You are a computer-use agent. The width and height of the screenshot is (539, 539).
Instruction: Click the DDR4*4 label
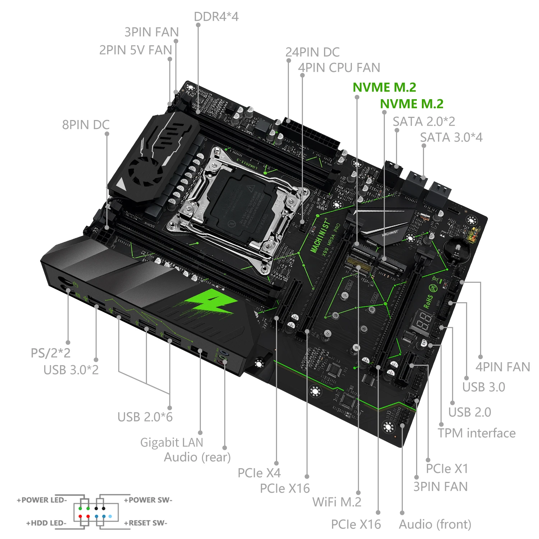click(x=216, y=17)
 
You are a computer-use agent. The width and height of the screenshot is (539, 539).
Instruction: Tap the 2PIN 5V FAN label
click(x=135, y=50)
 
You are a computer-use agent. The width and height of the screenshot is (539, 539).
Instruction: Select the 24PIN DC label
click(x=312, y=52)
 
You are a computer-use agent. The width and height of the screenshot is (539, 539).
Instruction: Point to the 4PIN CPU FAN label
click(x=339, y=68)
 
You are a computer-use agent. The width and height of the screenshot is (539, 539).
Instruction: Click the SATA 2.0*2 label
click(x=424, y=121)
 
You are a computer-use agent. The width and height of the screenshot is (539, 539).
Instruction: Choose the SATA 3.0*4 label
click(x=451, y=137)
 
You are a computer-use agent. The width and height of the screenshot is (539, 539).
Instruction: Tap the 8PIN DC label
click(x=86, y=125)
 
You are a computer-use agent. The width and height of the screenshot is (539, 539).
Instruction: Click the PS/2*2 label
click(x=50, y=353)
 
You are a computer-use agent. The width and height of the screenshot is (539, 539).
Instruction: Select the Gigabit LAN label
click(x=171, y=442)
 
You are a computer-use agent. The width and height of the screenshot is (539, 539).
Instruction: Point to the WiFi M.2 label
click(x=337, y=502)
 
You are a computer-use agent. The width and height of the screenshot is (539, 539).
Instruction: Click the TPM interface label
click(x=476, y=433)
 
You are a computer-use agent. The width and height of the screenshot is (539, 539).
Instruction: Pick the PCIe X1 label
click(x=447, y=469)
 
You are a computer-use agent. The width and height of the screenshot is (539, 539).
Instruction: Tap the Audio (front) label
click(x=435, y=524)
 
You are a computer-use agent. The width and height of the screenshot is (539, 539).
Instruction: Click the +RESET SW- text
click(x=146, y=523)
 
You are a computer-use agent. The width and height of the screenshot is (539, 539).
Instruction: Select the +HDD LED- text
click(x=46, y=523)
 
